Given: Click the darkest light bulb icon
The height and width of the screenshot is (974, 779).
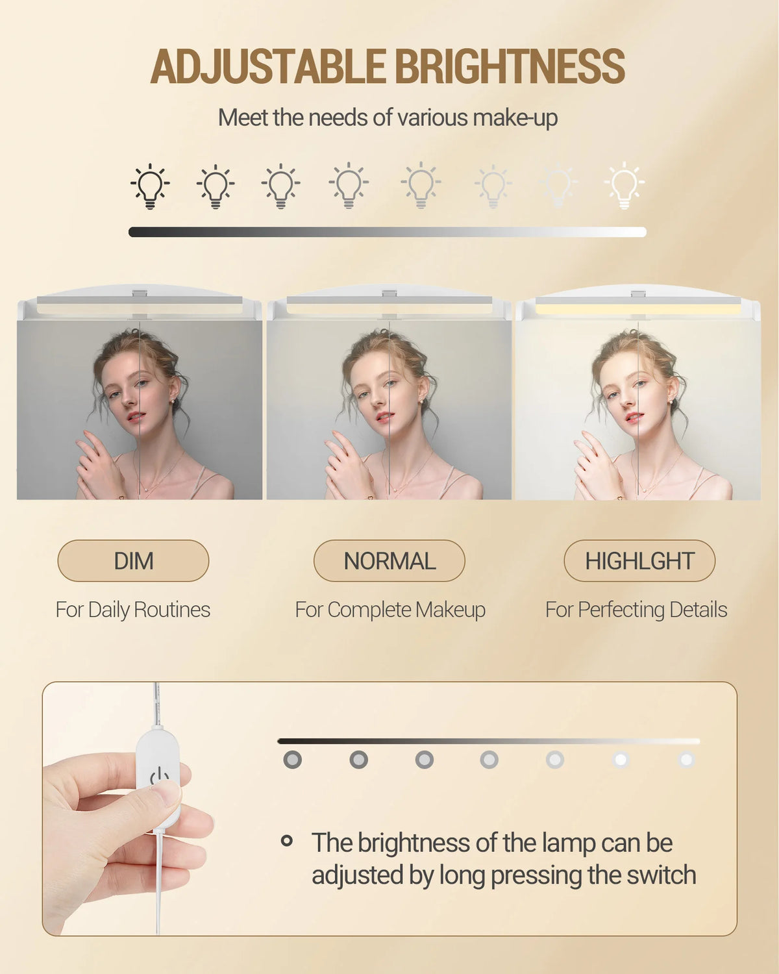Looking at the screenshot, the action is coord(150,186).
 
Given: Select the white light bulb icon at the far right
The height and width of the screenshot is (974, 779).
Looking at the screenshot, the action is coord(624,186).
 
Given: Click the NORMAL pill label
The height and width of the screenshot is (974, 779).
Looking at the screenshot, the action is coord(389,561).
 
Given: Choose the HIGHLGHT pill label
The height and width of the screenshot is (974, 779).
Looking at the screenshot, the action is coord(639,561).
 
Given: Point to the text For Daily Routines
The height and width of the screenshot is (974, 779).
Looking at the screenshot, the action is coord(133,610).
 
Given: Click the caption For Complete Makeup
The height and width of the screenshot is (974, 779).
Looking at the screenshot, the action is coord(390,610).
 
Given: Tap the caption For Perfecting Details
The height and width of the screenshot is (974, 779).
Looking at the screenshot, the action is coord(636,610).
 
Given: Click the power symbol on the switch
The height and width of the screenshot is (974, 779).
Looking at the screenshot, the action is coord(159,777).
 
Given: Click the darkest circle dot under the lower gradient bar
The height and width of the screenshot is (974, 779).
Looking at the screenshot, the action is coord(292,760).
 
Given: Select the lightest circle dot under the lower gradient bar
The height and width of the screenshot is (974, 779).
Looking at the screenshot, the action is coord(686,760).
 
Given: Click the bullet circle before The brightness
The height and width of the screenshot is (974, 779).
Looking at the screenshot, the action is coord(286,841).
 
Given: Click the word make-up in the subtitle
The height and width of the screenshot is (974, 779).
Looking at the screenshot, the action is coord(515,118).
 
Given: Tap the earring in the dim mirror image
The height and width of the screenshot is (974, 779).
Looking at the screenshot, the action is coord(173,401).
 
